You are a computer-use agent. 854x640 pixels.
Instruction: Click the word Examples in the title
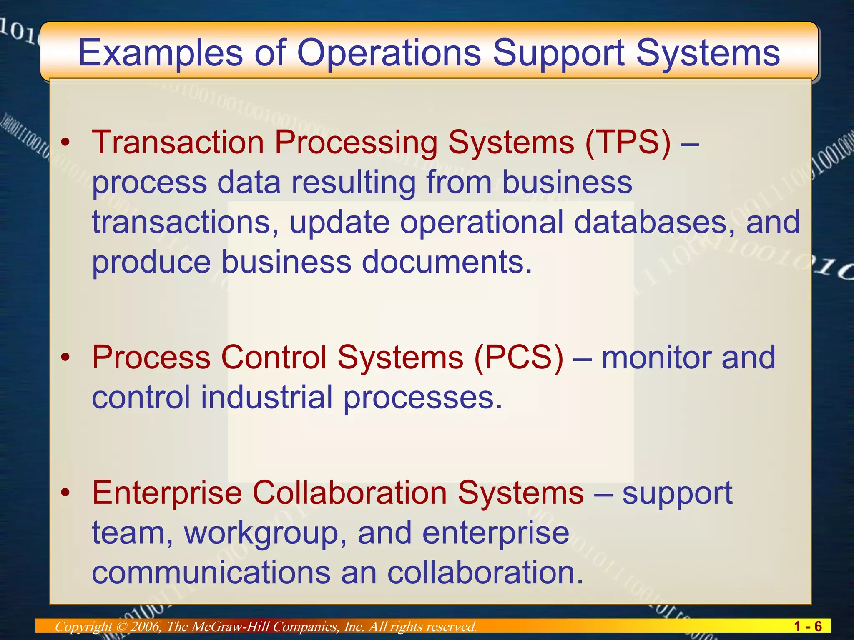(x=161, y=53)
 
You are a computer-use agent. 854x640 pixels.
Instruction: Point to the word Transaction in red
(x=178, y=142)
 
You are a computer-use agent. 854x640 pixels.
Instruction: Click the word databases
(x=654, y=222)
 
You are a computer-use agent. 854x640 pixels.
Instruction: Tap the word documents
(x=447, y=262)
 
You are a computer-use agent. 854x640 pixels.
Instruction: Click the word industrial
(x=266, y=397)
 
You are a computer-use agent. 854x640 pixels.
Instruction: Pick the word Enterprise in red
(x=167, y=493)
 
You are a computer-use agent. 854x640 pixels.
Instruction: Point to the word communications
(x=211, y=572)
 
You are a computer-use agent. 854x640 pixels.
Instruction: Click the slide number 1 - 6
(x=808, y=626)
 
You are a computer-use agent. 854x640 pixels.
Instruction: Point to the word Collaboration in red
(x=350, y=493)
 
